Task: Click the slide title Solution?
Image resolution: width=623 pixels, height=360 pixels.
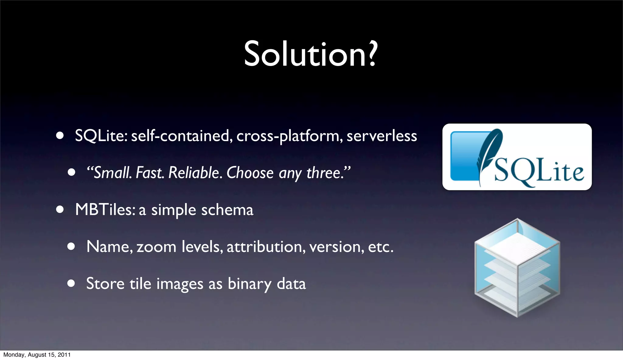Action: tap(311, 54)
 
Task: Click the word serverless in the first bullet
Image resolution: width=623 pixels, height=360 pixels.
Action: tap(382, 136)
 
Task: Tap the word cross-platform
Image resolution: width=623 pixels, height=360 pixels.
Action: tap(288, 136)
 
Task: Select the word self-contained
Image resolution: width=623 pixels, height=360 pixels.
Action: tap(180, 136)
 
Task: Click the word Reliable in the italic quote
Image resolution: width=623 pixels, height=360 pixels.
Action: tap(194, 173)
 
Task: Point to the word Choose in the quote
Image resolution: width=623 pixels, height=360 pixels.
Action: tap(250, 173)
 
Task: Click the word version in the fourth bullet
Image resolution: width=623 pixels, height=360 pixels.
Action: tap(336, 247)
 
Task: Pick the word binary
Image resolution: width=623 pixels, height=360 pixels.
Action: tap(249, 284)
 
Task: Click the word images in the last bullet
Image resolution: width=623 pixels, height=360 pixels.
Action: tap(179, 284)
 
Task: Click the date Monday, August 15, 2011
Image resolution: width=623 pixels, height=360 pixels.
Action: tap(37, 355)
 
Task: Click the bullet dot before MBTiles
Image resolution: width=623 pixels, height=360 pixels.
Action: tap(60, 209)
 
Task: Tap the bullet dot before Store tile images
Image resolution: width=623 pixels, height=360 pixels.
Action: tap(71, 283)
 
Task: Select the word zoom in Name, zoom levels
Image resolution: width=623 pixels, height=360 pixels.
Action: tap(156, 247)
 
